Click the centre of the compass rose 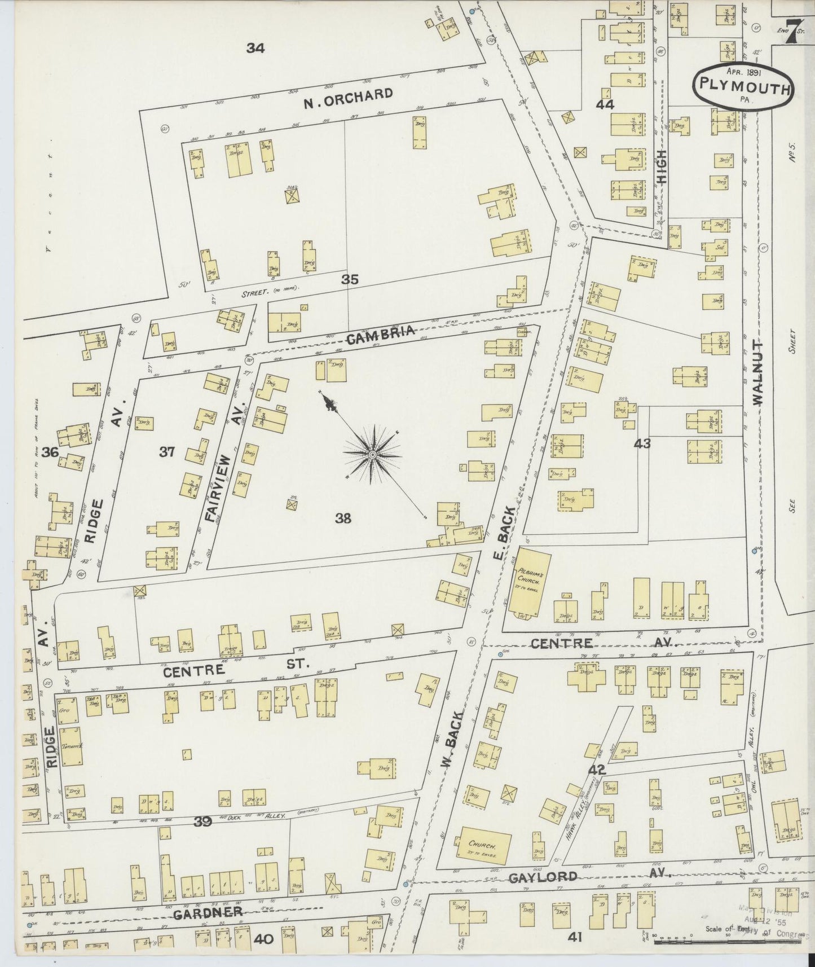(x=373, y=454)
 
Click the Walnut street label (x=756, y=372)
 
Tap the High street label (x=661, y=167)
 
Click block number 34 (x=255, y=49)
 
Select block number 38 (x=343, y=518)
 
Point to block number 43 (x=642, y=443)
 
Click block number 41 (x=575, y=937)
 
